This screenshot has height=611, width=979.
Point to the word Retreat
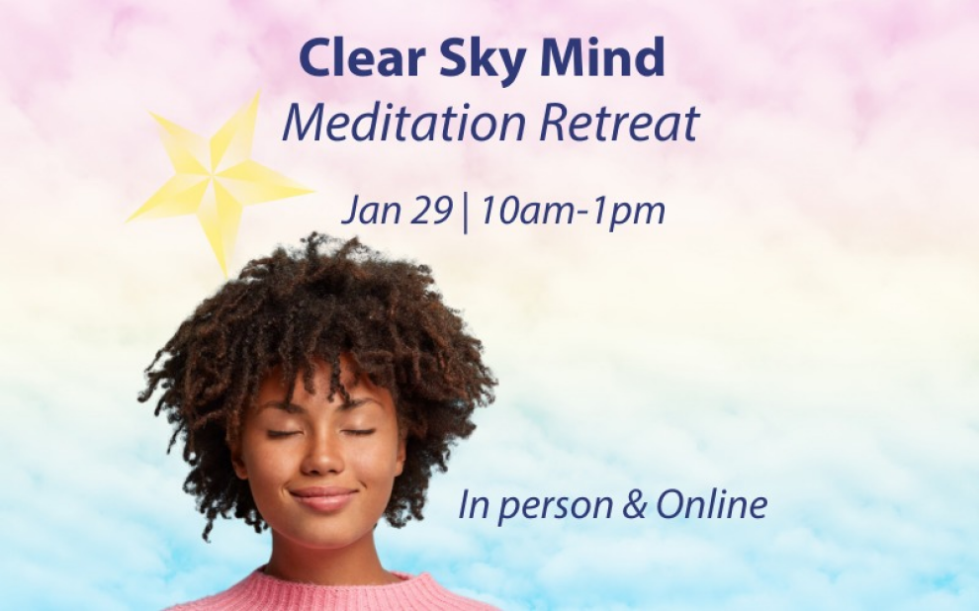pyautogui.click(x=618, y=123)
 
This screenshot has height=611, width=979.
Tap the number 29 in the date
pyautogui.click(x=432, y=211)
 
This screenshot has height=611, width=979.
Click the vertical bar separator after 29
pyautogui.click(x=466, y=213)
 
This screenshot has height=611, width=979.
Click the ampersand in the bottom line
pyautogui.click(x=634, y=505)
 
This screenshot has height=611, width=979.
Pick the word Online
pyautogui.click(x=712, y=504)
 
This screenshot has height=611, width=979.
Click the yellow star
pyautogui.click(x=218, y=182)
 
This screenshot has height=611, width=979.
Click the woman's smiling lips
pyautogui.click(x=323, y=499)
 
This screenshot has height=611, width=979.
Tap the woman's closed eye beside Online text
pyautogui.click(x=358, y=432)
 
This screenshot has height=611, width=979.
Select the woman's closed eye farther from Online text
pyautogui.click(x=285, y=433)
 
